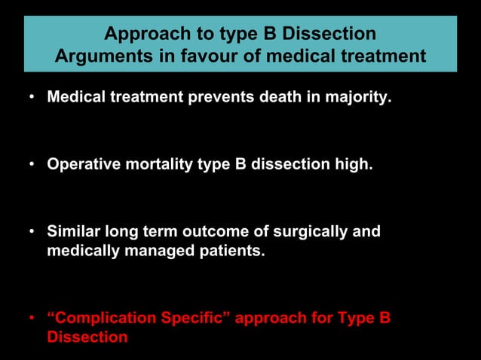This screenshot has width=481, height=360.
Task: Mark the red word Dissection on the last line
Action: point(87,337)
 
